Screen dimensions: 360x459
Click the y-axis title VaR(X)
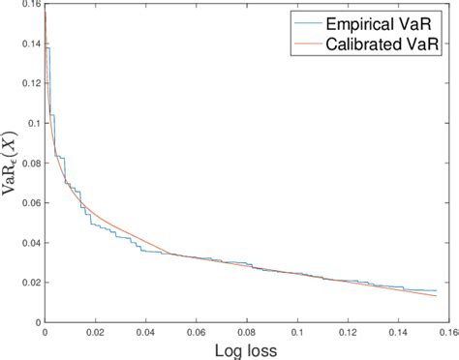[12, 165]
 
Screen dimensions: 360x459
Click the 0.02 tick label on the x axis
[95, 331]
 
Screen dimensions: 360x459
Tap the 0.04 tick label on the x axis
[145, 331]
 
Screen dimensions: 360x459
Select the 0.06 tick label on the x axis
[197, 331]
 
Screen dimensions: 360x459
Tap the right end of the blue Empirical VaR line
[437, 290]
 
